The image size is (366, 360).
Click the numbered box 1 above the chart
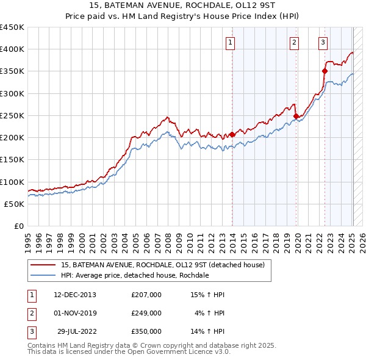230,42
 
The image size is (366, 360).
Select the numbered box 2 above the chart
294,42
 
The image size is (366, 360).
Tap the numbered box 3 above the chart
322,42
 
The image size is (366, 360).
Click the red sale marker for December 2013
232,134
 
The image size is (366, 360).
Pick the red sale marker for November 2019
296,116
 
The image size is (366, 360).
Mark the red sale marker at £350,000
325,71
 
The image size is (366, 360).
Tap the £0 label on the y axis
18,226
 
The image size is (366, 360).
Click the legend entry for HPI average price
135,275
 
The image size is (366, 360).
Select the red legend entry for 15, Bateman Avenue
162,265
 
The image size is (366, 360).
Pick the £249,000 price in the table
146,313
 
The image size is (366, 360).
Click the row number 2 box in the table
30,313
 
